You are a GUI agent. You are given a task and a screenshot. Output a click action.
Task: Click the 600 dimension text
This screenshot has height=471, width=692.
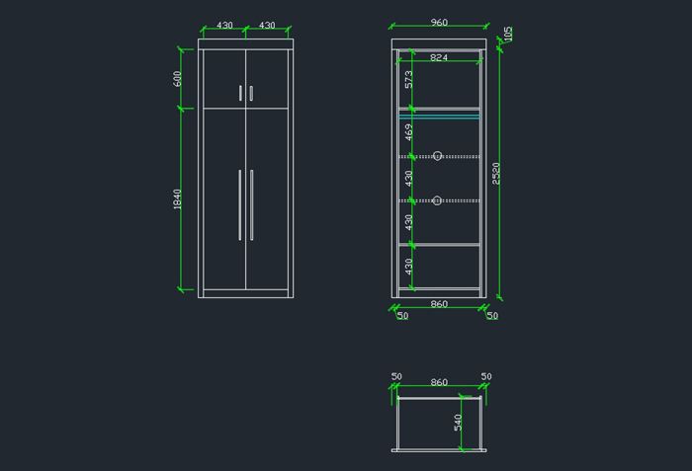[x=178, y=78]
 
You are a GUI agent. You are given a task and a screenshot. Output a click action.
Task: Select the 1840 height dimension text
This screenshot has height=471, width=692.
[x=178, y=198]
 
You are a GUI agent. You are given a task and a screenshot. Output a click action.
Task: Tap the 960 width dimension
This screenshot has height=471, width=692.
[x=439, y=23]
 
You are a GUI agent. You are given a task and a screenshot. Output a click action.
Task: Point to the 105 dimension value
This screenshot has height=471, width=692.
[x=507, y=34]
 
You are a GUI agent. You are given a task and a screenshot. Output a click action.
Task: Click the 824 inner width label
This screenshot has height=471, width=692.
[x=439, y=58]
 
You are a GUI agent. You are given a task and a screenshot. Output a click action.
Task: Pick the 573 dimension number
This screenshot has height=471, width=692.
[x=408, y=81]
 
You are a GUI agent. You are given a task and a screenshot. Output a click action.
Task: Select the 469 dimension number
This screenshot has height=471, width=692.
[x=408, y=132]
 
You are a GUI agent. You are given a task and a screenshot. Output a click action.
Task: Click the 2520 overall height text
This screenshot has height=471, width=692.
[x=496, y=173]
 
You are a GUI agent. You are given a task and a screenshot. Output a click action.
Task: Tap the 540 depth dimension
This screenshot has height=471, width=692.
[x=458, y=423]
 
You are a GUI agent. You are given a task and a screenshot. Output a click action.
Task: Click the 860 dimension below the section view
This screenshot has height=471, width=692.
[x=439, y=304]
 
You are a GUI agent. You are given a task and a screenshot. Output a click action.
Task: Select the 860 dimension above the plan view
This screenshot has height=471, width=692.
[x=439, y=382]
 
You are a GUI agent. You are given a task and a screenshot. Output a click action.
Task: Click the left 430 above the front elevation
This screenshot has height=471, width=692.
[x=224, y=26]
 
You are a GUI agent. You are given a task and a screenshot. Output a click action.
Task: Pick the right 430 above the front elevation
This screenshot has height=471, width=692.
[x=267, y=26]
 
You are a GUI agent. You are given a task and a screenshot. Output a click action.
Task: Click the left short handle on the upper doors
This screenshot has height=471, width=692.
[x=240, y=93]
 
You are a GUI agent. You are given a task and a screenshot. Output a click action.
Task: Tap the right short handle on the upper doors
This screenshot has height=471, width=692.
[x=251, y=93]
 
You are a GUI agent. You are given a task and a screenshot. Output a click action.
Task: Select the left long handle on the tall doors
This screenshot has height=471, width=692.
[x=239, y=204]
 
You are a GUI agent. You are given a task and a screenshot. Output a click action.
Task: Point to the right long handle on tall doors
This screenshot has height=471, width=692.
[x=251, y=204]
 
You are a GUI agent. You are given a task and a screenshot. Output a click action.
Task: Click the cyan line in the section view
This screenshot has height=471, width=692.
[x=439, y=116]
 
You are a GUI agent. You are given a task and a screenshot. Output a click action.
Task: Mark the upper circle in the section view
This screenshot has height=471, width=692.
[x=437, y=155]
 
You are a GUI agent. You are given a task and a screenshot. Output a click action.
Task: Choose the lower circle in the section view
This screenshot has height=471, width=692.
[x=437, y=199]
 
